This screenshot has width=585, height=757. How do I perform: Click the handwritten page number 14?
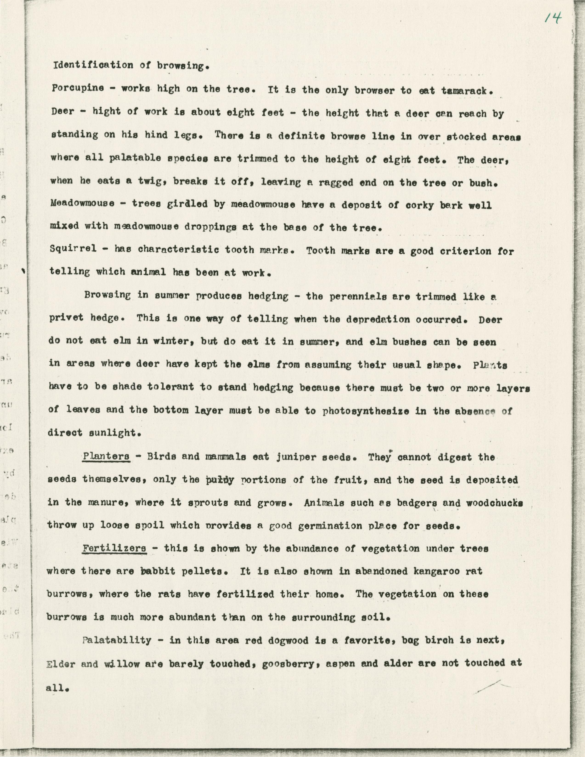(x=553, y=18)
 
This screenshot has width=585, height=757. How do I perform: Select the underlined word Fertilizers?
(x=114, y=548)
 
